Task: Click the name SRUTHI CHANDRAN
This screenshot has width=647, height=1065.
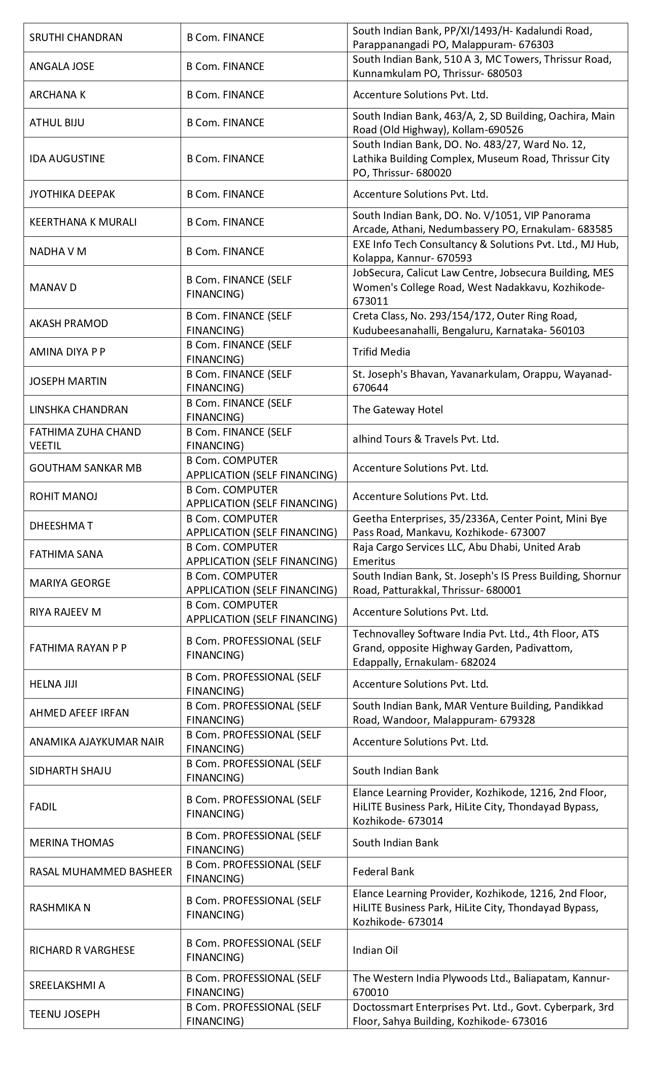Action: (76, 38)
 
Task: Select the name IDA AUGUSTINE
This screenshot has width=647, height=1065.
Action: (67, 159)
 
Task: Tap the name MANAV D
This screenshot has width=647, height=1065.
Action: (53, 288)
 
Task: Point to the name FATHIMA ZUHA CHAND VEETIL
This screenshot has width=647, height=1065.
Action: (85, 439)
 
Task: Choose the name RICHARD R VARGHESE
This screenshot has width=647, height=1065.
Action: (82, 950)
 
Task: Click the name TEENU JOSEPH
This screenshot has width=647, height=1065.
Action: (64, 1014)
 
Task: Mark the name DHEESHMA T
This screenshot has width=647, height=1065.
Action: (61, 526)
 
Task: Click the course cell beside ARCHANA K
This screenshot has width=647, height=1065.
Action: (225, 95)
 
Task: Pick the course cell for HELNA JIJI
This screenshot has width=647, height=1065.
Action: (253, 684)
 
